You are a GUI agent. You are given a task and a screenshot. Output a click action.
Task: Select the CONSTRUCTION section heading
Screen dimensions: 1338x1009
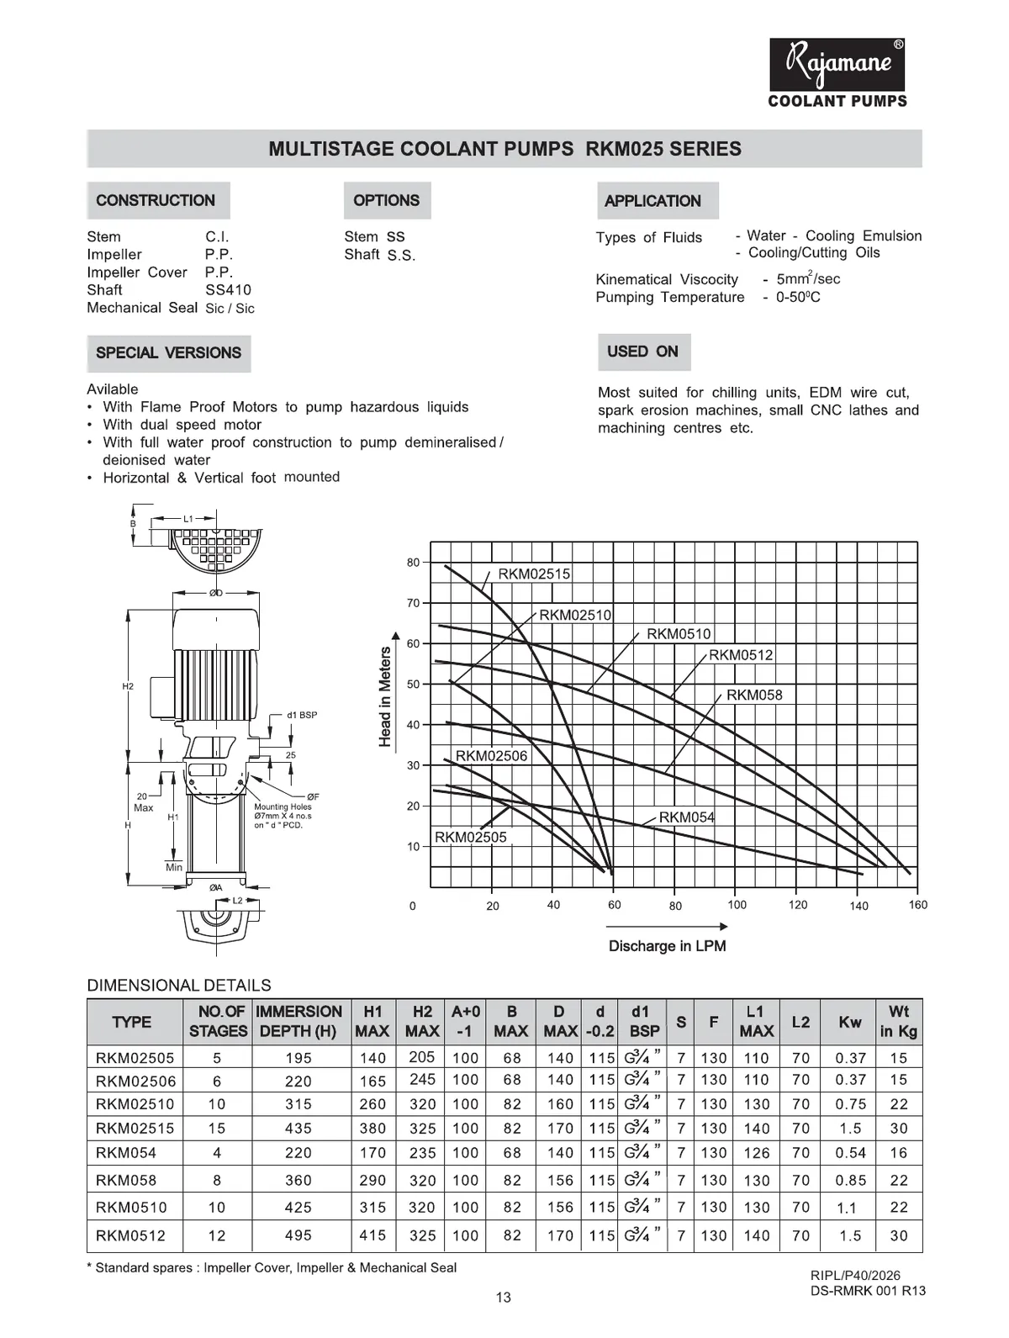[x=156, y=200]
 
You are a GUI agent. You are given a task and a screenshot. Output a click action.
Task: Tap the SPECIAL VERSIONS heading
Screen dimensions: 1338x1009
[x=168, y=352]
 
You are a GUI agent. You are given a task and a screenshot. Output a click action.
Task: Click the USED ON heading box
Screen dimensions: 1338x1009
[x=643, y=352]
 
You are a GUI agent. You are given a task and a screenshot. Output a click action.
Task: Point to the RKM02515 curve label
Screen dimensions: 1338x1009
[x=534, y=574]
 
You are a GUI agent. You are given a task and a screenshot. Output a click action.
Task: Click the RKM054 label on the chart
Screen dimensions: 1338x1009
[x=686, y=817]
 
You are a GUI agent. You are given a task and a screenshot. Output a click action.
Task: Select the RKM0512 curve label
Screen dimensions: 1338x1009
[x=741, y=654]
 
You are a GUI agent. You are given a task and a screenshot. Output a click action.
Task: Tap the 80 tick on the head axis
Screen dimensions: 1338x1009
[x=413, y=563]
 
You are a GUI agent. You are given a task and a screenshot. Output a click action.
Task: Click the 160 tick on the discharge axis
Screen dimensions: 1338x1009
[x=917, y=905]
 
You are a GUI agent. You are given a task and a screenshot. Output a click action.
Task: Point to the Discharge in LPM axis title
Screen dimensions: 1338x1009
[x=667, y=946]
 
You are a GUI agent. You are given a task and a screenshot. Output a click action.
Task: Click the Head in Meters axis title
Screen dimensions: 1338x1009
[x=385, y=696]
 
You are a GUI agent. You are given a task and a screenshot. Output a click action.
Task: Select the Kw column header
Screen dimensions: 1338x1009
[x=849, y=1022]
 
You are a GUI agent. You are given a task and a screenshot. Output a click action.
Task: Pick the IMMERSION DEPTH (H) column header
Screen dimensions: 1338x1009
[x=298, y=1022]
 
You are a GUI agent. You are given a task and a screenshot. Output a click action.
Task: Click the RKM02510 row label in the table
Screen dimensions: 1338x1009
[x=135, y=1104]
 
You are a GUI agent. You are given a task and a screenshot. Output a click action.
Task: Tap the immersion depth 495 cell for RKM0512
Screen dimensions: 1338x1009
[x=298, y=1235]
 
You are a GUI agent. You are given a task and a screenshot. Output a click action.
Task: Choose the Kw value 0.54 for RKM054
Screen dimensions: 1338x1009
[x=850, y=1153]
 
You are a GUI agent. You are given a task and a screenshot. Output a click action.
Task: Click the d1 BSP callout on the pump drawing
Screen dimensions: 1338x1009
[x=302, y=715]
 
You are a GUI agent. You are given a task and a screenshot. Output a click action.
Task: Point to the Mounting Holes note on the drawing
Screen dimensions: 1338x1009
[x=283, y=816]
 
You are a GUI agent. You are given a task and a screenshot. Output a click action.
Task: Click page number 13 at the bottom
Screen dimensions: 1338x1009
[x=503, y=1298]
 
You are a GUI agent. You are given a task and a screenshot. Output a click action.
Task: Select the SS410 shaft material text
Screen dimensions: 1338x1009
[x=228, y=289]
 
